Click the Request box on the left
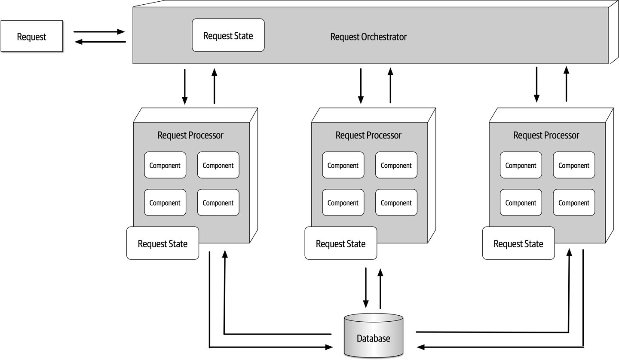coord(32,37)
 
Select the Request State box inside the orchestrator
coord(228,35)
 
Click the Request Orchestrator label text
coord(368,37)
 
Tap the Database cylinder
coord(374,336)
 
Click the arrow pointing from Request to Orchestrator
coord(99,31)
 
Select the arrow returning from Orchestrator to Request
coord(100,42)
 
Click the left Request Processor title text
coord(190,135)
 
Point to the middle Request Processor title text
coord(368,135)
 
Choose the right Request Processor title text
coord(546,135)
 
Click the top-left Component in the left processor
coord(165,165)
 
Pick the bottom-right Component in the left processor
coord(218,203)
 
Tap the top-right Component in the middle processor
coord(396,165)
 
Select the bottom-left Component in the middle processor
coord(343,203)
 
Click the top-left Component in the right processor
coord(521,165)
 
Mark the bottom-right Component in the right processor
coord(574,203)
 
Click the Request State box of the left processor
coord(162,243)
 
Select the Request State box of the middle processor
coord(340,243)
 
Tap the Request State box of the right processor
coord(518,243)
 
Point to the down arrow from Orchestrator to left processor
coord(185,86)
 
